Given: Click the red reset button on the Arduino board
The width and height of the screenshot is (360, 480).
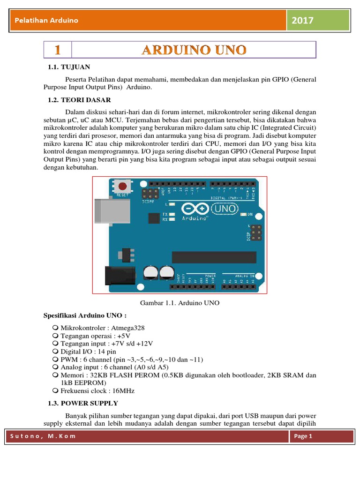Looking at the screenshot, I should pyautogui.click(x=122, y=186).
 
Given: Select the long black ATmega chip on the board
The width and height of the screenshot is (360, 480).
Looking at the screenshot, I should pyautogui.click(x=214, y=257).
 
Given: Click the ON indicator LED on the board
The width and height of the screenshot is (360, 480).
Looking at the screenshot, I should pyautogui.click(x=243, y=215).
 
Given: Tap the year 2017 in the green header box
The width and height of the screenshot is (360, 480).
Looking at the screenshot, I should pyautogui.click(x=302, y=20).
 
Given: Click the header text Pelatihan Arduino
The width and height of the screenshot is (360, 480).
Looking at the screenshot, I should pyautogui.click(x=46, y=20).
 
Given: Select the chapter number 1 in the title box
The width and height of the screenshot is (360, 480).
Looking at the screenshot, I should pyautogui.click(x=57, y=50).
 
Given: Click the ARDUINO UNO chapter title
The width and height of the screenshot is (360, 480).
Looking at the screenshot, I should pyautogui.click(x=194, y=50).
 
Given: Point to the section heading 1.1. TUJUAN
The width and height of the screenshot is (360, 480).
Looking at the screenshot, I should pyautogui.click(x=69, y=67).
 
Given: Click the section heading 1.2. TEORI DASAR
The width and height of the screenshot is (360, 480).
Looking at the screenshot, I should pyautogui.click(x=79, y=100).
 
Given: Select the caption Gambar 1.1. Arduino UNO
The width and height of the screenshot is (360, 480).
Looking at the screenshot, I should pyautogui.click(x=180, y=303).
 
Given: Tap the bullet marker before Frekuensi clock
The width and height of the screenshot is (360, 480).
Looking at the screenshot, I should pyautogui.click(x=56, y=390).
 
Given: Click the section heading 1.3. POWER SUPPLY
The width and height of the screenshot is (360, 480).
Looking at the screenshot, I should pyautogui.click(x=83, y=403).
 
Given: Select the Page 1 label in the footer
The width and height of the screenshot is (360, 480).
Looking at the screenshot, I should pyautogui.click(x=303, y=436).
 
